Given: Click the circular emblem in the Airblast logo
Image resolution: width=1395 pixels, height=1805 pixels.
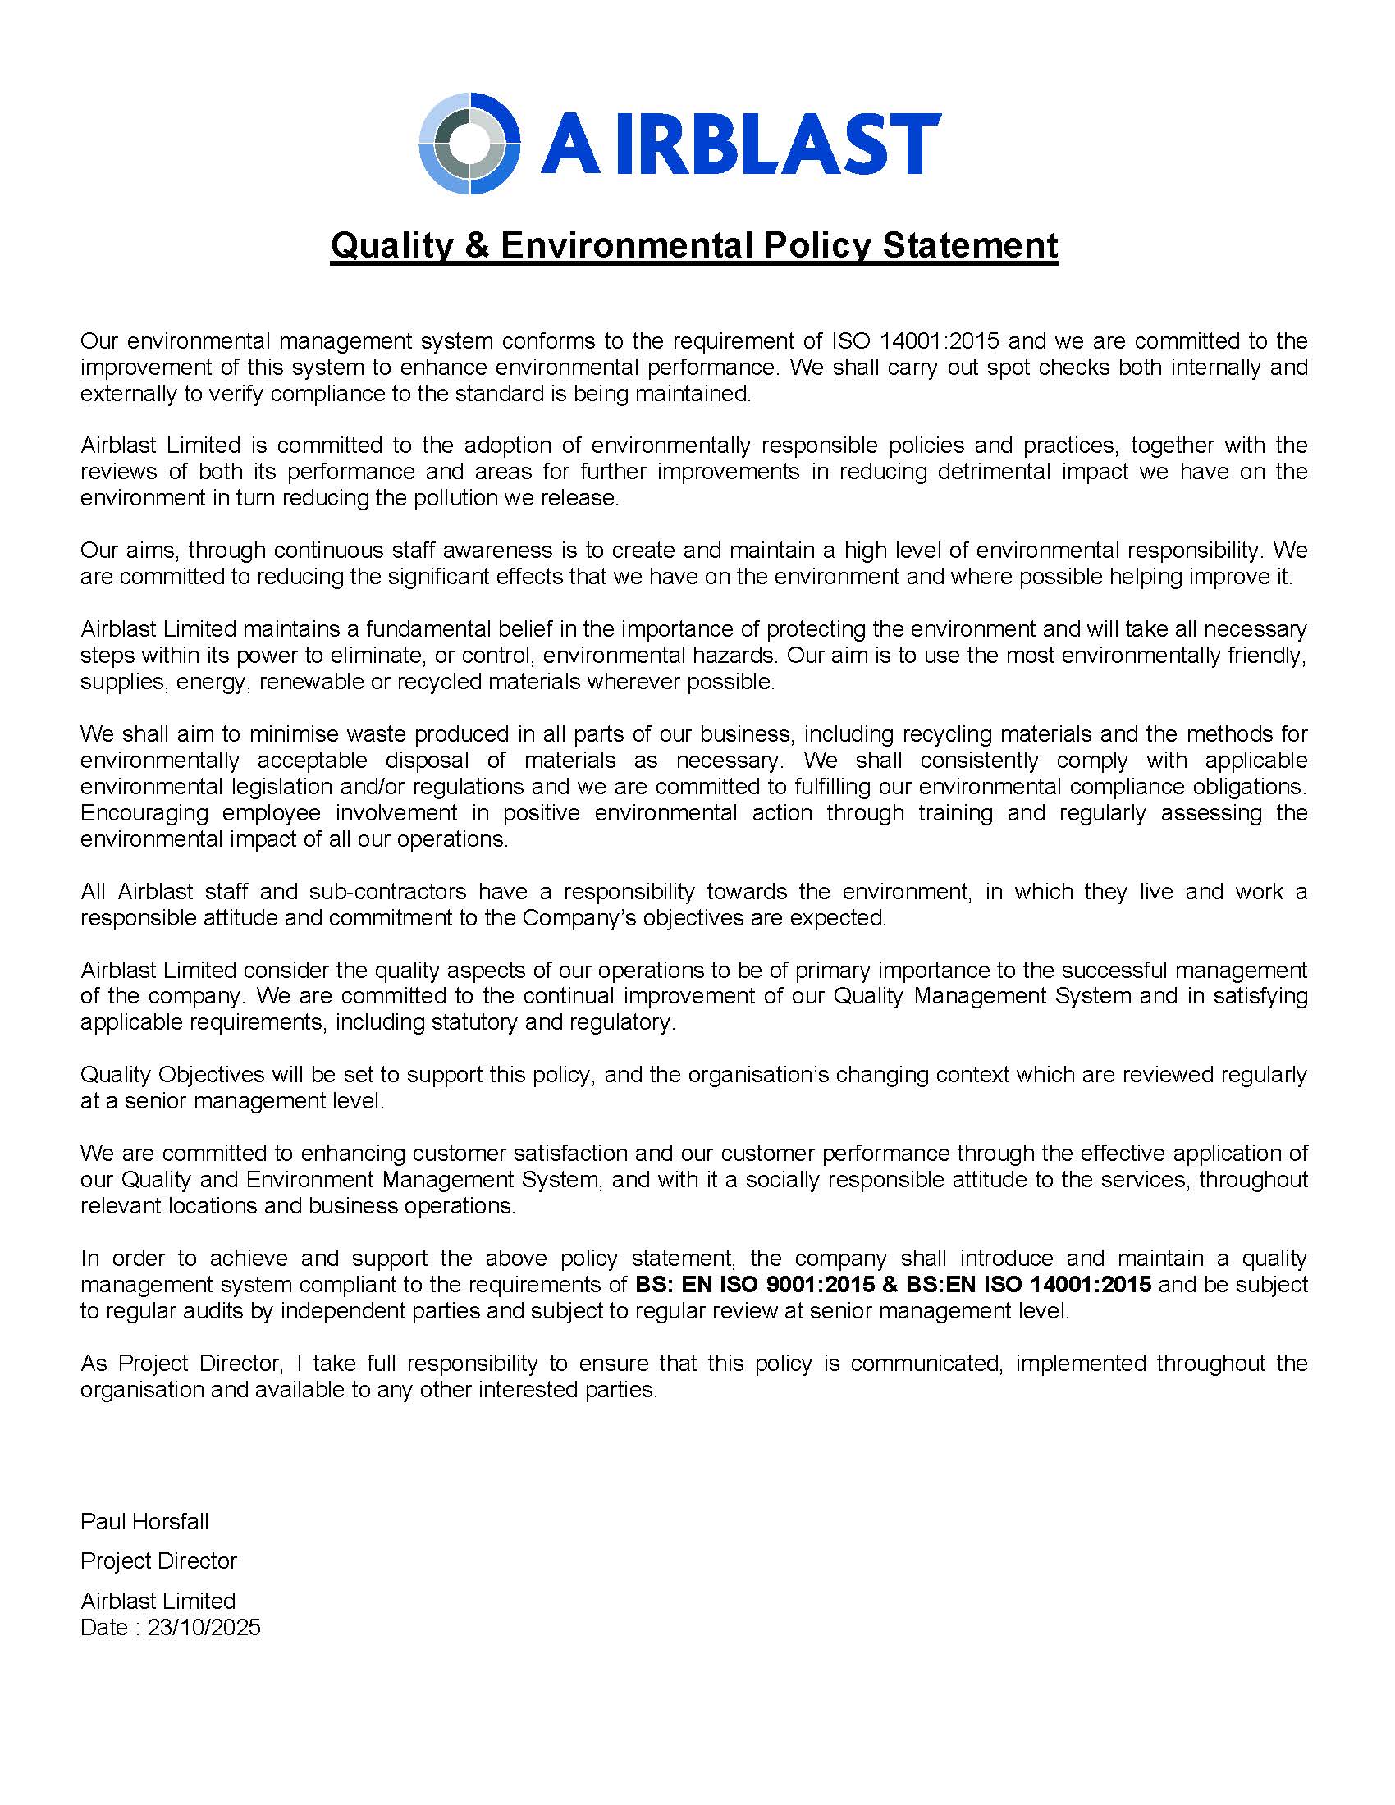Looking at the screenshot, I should pos(469,143).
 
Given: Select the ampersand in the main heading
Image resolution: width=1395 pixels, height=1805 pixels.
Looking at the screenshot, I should pos(477,245).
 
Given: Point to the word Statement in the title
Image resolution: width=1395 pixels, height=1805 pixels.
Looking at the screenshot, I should pos(969,245).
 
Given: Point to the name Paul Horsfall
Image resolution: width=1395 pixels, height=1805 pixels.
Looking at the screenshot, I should pos(144,1521).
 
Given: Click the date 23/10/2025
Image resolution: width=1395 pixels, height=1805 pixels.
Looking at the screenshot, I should pos(204,1627).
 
